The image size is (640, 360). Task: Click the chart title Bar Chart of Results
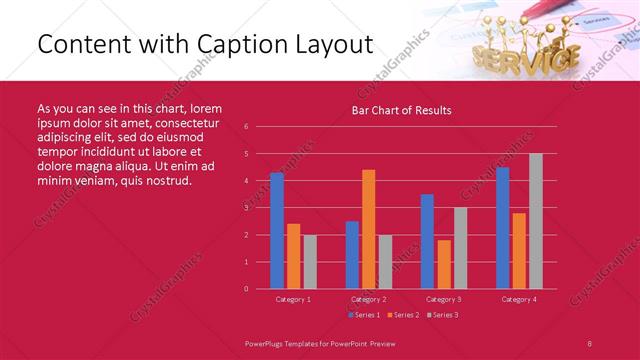tap(401, 110)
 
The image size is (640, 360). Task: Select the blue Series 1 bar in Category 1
tap(277, 230)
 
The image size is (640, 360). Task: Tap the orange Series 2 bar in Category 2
tap(368, 229)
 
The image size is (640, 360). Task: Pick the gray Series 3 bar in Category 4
tap(536, 221)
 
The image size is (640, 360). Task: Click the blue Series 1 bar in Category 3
tap(427, 241)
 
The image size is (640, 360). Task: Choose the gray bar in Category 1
tap(309, 261)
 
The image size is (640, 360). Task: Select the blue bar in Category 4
tap(502, 228)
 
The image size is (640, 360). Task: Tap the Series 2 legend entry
tap(404, 315)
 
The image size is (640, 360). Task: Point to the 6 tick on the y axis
tap(246, 127)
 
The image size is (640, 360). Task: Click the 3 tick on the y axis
tap(246, 208)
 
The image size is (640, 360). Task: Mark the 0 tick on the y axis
tap(246, 289)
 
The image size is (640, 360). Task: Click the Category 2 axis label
tap(368, 299)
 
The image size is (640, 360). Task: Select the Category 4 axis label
tap(518, 299)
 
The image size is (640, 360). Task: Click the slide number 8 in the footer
tap(590, 341)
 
